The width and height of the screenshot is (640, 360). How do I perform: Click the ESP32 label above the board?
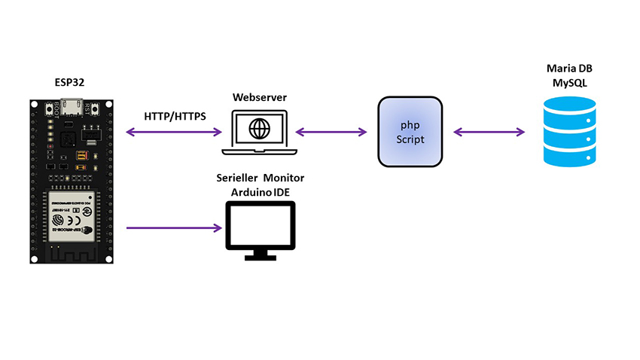tap(69, 82)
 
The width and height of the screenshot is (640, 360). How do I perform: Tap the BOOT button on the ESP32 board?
tap(55, 108)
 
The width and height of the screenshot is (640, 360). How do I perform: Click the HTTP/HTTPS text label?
tap(175, 117)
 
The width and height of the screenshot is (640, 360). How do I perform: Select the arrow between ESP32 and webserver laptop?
tap(175, 133)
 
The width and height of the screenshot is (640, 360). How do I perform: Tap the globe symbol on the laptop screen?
tap(261, 128)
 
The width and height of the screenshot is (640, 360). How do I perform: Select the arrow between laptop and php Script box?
tap(331, 133)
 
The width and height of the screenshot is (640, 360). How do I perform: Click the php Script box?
tap(410, 132)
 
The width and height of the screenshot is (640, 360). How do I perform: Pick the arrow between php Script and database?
tap(489, 133)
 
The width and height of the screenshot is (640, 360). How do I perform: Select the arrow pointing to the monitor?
tap(175, 227)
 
